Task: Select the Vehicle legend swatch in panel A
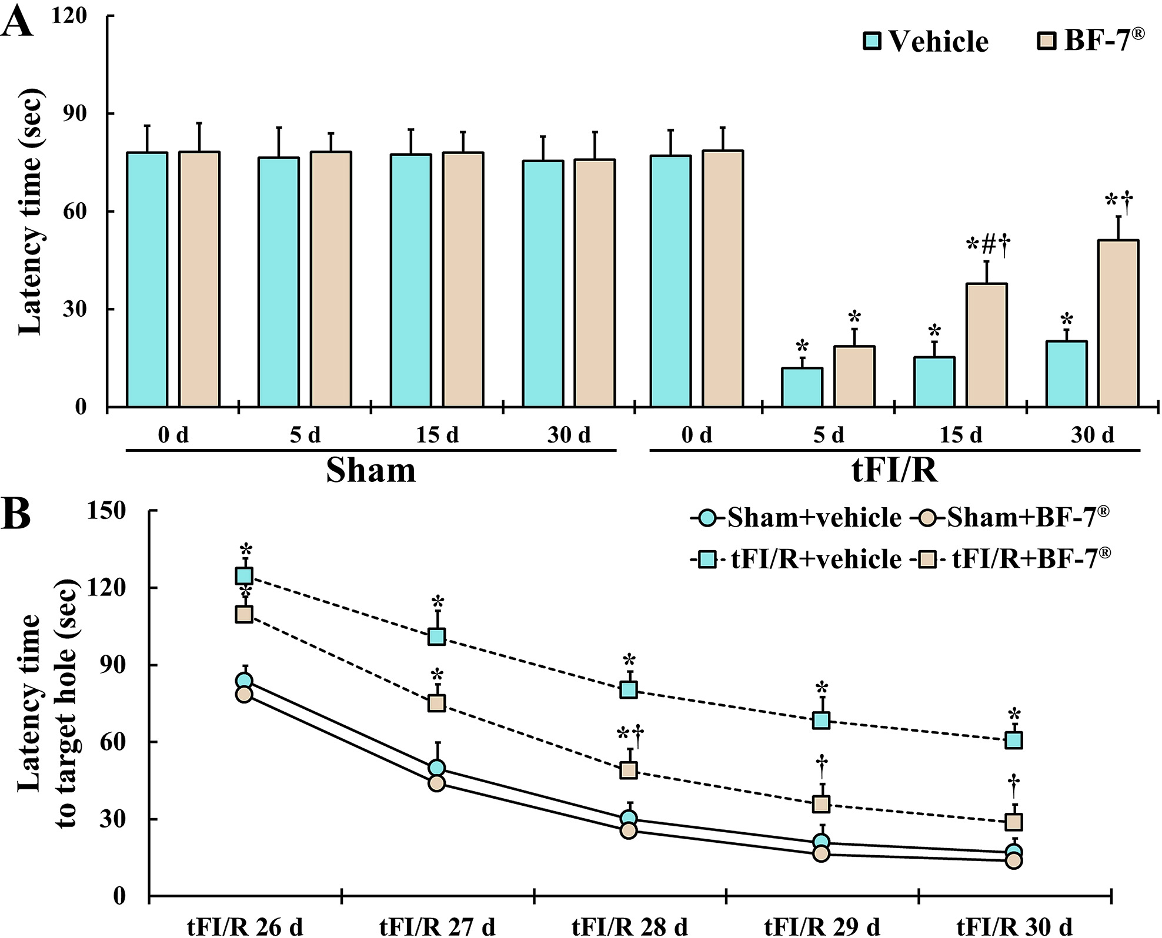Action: point(872,41)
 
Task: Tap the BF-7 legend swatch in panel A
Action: point(1046,41)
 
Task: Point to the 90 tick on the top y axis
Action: point(75,113)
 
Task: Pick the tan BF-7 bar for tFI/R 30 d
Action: point(1118,323)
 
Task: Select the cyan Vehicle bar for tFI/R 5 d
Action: point(802,387)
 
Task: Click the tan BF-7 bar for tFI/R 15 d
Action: point(987,345)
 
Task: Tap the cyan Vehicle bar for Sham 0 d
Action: point(147,280)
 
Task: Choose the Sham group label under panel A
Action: point(370,471)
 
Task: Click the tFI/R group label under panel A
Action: point(894,471)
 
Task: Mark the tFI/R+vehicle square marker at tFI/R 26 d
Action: point(245,575)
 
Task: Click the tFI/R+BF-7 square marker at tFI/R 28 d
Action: point(629,770)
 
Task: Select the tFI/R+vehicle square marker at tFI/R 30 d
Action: point(1014,740)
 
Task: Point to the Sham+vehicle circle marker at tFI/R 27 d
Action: point(436,768)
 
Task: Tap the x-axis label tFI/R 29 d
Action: point(822,927)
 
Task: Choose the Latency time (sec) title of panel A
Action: point(31,212)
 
